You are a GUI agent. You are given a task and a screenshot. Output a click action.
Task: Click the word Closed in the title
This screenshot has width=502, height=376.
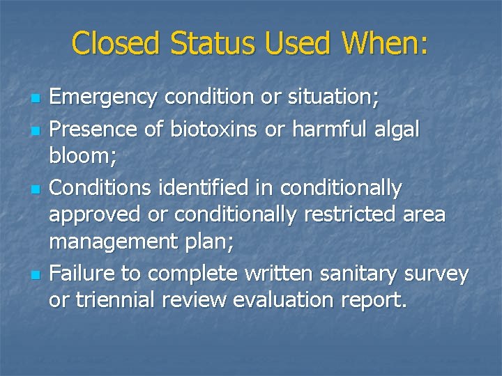[114, 43]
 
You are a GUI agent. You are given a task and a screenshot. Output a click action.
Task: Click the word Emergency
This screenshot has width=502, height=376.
[102, 98]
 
